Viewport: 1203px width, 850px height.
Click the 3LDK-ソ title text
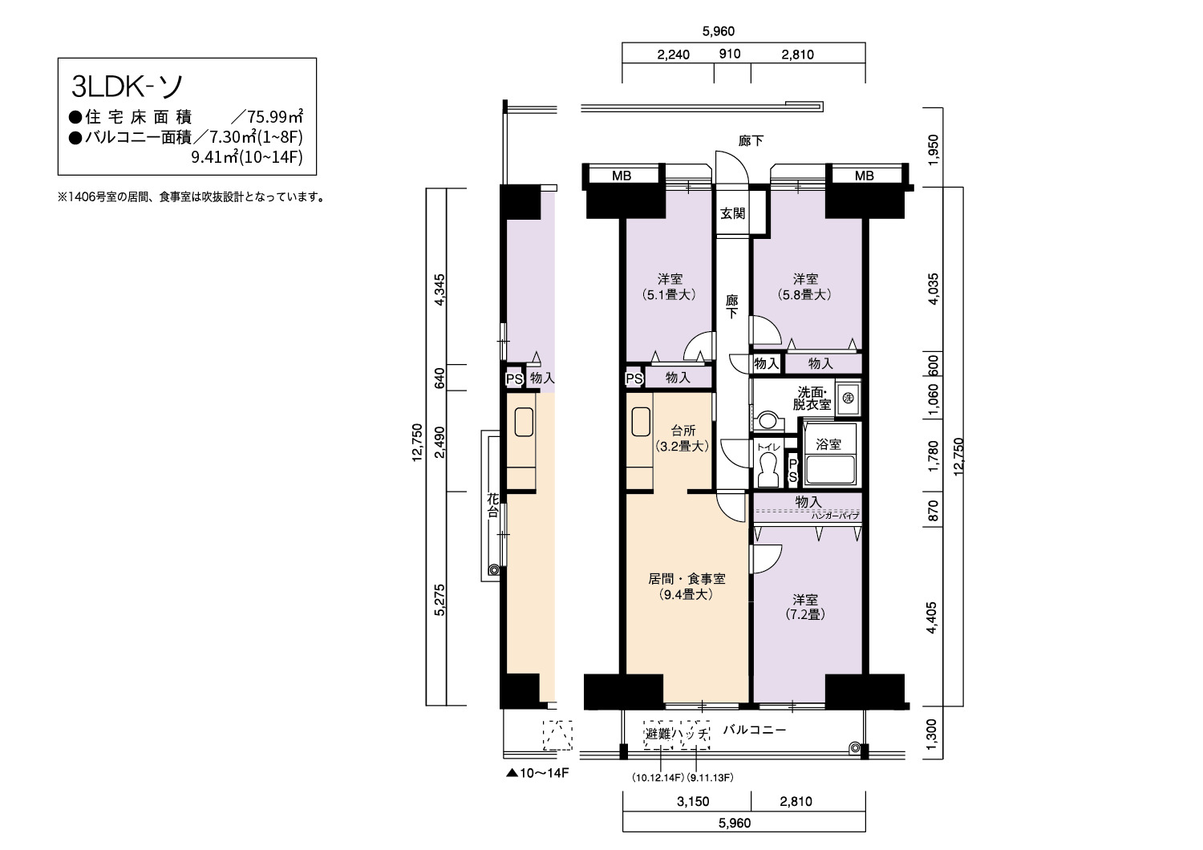(128, 86)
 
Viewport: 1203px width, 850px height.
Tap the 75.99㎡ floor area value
(275, 116)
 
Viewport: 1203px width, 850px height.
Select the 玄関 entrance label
(732, 213)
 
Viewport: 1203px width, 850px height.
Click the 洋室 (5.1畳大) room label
(670, 287)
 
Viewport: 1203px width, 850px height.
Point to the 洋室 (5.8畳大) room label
(805, 287)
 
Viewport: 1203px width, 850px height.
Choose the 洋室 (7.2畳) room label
(805, 607)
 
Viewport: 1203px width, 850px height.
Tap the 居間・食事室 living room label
(687, 579)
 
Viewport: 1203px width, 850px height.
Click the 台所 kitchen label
(683, 430)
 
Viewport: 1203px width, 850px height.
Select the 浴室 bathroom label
(828, 444)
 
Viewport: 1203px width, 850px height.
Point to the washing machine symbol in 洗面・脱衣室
(848, 399)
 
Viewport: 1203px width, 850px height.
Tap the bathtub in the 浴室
(830, 469)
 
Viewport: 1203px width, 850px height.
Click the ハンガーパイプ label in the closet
(835, 516)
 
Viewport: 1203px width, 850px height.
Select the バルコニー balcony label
(754, 730)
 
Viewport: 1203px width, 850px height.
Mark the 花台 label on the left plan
(492, 505)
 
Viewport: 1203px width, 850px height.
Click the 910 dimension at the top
(730, 54)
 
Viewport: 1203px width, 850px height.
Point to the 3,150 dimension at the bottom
(693, 802)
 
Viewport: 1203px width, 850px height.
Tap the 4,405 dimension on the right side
(932, 617)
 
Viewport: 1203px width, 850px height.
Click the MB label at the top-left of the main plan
(622, 176)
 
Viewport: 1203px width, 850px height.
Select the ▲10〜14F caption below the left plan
(537, 773)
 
